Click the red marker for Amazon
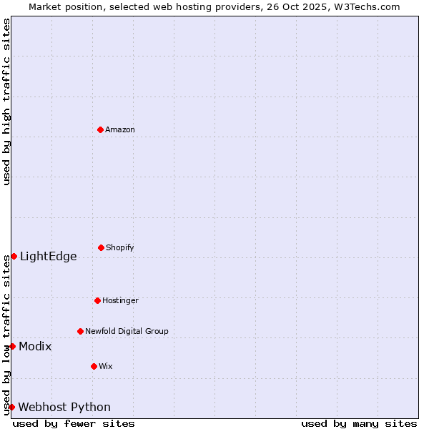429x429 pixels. click(x=100, y=129)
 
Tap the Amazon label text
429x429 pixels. click(x=120, y=130)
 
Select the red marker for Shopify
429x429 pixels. click(x=101, y=247)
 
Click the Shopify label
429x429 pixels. click(x=120, y=248)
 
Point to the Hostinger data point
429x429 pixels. click(x=97, y=300)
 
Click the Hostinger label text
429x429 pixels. click(x=120, y=301)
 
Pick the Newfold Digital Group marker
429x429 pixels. click(x=80, y=331)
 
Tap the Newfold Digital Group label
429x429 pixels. click(x=127, y=332)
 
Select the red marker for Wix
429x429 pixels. click(x=94, y=366)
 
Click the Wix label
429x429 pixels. click(x=106, y=367)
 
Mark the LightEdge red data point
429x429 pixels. click(x=14, y=256)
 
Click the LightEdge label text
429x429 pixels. click(x=48, y=257)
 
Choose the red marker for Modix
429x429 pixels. click(x=12, y=346)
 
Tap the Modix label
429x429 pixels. click(x=35, y=347)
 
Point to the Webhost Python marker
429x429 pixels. click(x=11, y=407)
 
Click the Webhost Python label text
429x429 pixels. click(x=64, y=408)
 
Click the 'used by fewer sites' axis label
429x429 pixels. click(x=74, y=423)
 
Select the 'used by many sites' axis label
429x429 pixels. click(x=359, y=423)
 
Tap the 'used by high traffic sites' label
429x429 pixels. click(x=6, y=102)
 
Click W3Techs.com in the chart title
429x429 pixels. click(x=367, y=6)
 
